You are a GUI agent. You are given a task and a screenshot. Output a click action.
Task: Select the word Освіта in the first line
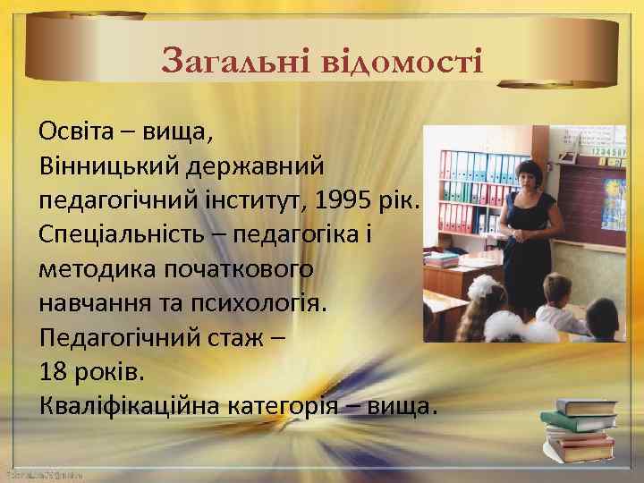tap(76, 133)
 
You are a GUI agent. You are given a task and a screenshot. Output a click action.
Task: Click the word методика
tap(96, 267)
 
